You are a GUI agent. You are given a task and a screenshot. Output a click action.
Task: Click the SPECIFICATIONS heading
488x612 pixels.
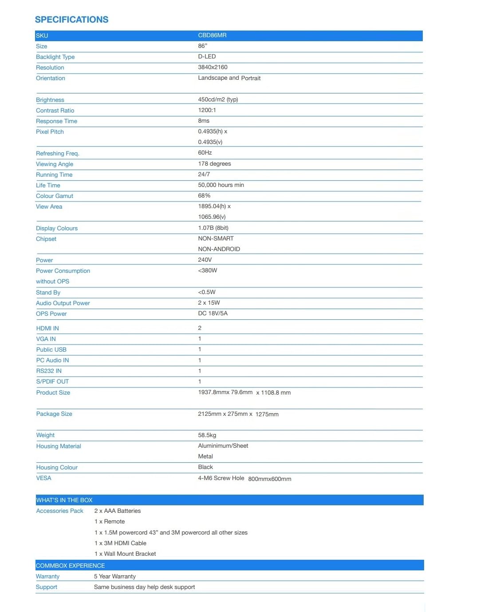tap(71, 19)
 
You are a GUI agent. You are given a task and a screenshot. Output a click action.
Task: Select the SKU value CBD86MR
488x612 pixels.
tap(212, 35)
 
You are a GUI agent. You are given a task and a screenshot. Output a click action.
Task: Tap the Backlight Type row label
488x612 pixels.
tap(55, 57)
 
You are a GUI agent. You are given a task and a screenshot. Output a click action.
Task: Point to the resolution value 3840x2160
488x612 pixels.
tap(213, 67)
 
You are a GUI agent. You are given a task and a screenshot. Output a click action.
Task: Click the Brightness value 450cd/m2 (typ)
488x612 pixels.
tap(218, 100)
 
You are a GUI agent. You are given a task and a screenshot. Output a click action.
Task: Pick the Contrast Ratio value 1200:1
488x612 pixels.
tap(207, 110)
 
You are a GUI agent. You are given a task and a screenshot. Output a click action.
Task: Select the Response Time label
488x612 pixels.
tap(56, 121)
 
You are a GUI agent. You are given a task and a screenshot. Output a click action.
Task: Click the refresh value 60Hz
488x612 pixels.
tap(205, 153)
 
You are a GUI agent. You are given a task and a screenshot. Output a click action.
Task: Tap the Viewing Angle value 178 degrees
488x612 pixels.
tap(214, 164)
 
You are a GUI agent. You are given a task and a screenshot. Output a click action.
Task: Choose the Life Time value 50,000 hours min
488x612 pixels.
tap(221, 185)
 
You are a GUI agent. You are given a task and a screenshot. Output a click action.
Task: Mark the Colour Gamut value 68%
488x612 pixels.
tap(204, 196)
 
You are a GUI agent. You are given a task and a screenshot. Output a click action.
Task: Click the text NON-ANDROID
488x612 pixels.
tap(219, 249)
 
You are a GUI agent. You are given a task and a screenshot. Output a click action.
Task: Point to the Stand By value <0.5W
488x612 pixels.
tap(207, 292)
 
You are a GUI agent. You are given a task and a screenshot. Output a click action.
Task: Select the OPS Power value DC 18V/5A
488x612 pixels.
tap(213, 314)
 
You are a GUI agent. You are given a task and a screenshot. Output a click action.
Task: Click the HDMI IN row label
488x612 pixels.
tap(47, 328)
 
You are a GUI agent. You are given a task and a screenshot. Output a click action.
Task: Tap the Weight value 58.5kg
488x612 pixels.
tap(207, 435)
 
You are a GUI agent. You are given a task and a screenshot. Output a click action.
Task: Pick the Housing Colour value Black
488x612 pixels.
tap(205, 467)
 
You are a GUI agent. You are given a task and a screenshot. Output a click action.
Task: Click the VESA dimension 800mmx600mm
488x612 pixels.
tap(270, 479)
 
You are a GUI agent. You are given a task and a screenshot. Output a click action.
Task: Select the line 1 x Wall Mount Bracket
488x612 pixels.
tap(125, 554)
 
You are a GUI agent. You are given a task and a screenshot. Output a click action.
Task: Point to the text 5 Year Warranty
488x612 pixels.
tap(115, 576)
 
